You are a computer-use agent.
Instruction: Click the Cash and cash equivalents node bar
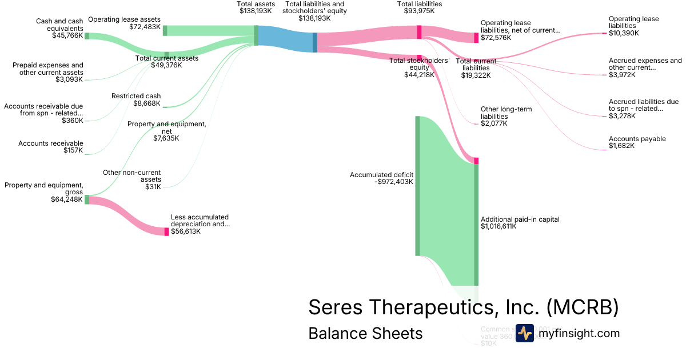pos(87,35)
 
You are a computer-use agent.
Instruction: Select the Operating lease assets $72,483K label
pos(124,23)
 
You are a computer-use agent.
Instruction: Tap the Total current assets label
pos(166,62)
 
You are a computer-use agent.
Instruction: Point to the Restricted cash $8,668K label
pos(136,100)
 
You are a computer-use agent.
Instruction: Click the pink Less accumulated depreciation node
pos(167,231)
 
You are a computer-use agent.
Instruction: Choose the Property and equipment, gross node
pos(87,199)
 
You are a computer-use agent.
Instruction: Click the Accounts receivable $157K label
pos(50,147)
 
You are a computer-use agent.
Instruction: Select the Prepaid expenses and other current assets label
pos(48,72)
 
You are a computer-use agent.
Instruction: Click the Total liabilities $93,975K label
pos(419,7)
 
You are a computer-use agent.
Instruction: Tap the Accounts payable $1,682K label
pos(637,142)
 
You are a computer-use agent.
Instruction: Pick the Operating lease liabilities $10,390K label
pos(633,26)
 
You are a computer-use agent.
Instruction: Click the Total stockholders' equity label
pos(419,67)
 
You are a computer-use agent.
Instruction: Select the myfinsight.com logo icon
pos(524,333)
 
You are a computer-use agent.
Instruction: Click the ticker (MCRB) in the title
pos(583,307)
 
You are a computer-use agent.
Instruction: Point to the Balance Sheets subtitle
pos(365,333)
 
